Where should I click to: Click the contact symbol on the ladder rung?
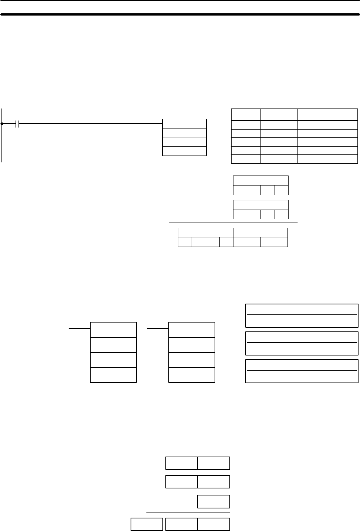17,124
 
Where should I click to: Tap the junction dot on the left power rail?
2,124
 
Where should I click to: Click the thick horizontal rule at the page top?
180,15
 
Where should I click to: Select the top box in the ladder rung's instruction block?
184,124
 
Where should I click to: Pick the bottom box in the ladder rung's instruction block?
184,151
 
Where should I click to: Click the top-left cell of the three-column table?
246,114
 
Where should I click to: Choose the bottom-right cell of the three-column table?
328,159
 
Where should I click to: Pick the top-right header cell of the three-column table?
328,114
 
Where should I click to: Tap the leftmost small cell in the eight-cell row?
185,242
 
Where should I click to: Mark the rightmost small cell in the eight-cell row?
281,242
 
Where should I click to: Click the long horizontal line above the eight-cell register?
233,223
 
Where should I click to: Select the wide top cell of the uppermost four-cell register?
261,180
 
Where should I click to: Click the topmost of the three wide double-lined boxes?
302,316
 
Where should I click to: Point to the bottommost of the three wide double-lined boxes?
302,371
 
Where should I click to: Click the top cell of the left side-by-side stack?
114,330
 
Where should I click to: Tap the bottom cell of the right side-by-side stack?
192,375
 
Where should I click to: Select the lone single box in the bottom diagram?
213,501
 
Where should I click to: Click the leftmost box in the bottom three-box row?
147,524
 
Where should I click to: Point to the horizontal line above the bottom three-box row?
188,512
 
